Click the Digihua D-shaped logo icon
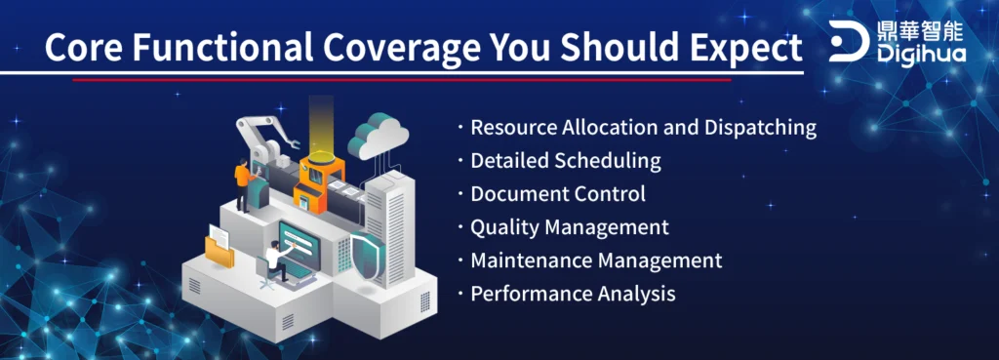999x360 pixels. [848, 41]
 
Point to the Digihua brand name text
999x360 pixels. [920, 53]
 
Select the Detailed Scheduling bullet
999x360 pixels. [566, 161]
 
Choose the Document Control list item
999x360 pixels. [558, 194]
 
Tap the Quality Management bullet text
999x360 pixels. [570, 227]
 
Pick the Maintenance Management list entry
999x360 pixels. [596, 260]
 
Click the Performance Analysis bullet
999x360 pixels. [573, 294]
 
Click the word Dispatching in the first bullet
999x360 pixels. [760, 128]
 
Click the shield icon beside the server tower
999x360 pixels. [368, 260]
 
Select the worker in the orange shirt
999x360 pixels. [242, 183]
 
